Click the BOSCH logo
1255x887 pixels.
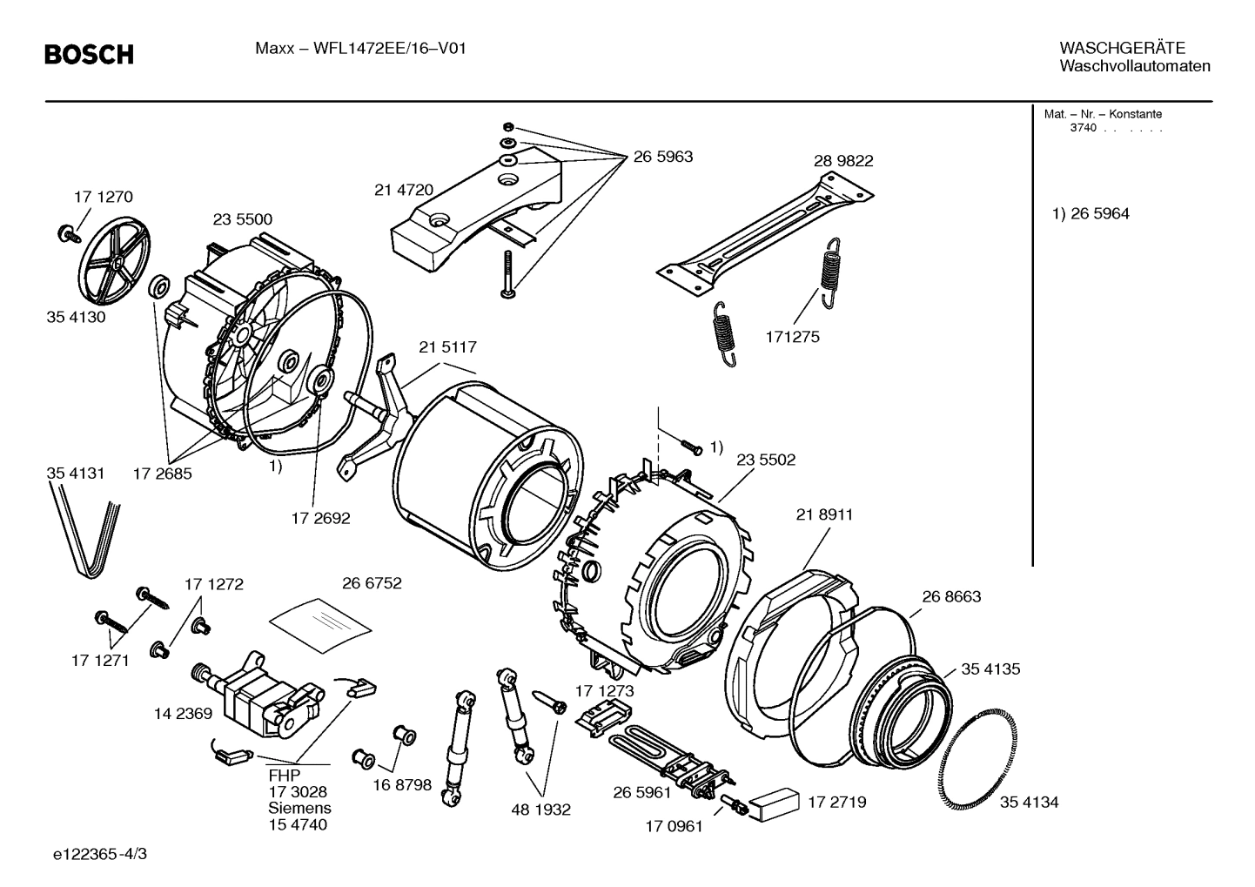[x=89, y=55]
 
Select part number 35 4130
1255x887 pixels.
[x=76, y=317]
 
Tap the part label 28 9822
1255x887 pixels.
[x=843, y=161]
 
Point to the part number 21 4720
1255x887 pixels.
[x=404, y=191]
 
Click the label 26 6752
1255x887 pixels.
[x=372, y=583]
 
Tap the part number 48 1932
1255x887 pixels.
[x=540, y=810]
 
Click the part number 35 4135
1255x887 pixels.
[x=990, y=669]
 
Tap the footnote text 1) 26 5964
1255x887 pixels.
[x=1091, y=214]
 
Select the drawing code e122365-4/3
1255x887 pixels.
[x=100, y=855]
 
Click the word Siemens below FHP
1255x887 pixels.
[x=299, y=808]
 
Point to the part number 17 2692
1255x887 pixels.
[x=320, y=518]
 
